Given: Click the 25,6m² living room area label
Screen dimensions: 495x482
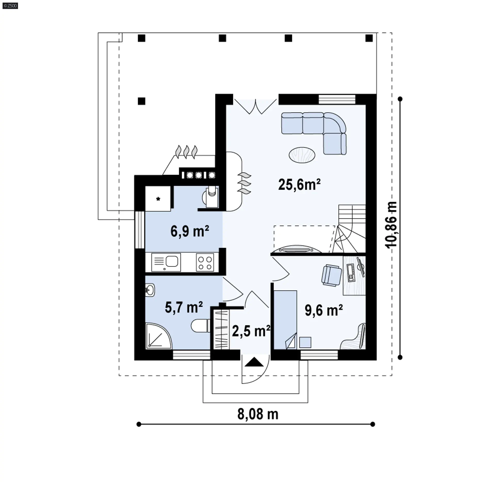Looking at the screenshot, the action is [299, 184].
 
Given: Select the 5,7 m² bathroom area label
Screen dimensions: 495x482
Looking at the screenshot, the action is [184, 307].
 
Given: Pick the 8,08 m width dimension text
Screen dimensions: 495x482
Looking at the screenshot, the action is [258, 414].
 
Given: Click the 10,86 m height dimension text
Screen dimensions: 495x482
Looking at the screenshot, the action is [391, 225].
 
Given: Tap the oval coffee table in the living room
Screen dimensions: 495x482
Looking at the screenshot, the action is [302, 155].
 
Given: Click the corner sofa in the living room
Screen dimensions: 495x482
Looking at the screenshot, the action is [314, 133].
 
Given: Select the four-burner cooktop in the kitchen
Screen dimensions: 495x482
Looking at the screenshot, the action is [205, 262].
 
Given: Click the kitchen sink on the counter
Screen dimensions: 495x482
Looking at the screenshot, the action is [166, 262].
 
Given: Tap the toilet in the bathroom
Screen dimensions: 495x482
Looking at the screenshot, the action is [201, 326].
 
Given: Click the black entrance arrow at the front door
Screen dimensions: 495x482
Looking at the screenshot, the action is [254, 362].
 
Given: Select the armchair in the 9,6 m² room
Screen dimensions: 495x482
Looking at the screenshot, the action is [332, 275].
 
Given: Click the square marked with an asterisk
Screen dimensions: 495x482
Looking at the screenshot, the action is [158, 199].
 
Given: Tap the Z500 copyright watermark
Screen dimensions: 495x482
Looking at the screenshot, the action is [10, 6].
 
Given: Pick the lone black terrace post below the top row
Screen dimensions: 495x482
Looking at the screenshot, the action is [142, 101].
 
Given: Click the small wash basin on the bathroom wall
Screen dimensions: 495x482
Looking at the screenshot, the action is [150, 290].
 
